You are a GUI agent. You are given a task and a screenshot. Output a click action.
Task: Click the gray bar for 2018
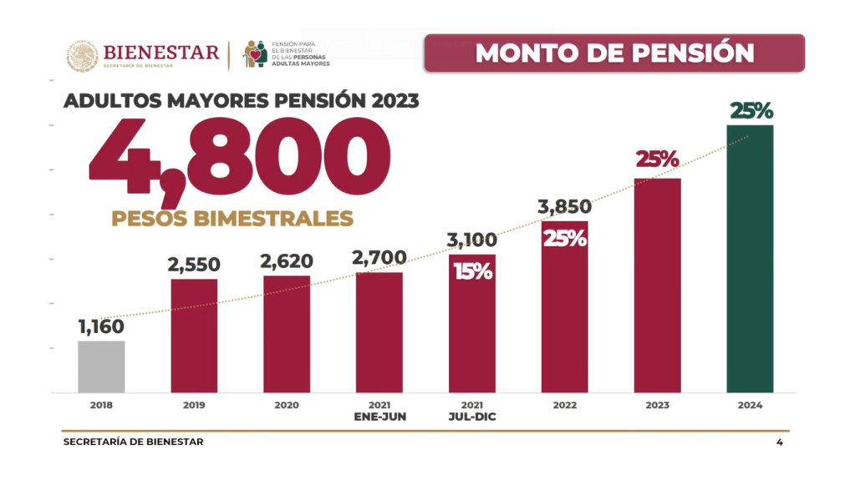101,366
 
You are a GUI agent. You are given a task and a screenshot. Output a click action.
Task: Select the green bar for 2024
750,259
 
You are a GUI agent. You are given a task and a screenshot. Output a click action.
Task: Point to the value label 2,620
286,262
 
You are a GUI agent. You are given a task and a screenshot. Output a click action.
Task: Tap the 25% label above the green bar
751,110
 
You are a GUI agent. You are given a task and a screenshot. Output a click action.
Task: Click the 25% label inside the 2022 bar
565,237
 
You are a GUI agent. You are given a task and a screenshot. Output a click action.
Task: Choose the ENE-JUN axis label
379,417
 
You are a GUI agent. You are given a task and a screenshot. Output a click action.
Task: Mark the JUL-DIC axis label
472,417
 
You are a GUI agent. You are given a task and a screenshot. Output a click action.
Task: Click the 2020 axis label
286,405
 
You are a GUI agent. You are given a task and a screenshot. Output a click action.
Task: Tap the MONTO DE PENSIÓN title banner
614,53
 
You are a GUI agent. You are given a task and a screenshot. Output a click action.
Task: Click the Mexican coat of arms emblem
81,55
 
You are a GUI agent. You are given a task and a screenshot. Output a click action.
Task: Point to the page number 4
780,442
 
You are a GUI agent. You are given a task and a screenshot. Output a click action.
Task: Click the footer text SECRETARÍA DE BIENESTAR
133,442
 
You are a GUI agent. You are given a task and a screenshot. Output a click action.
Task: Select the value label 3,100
472,242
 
